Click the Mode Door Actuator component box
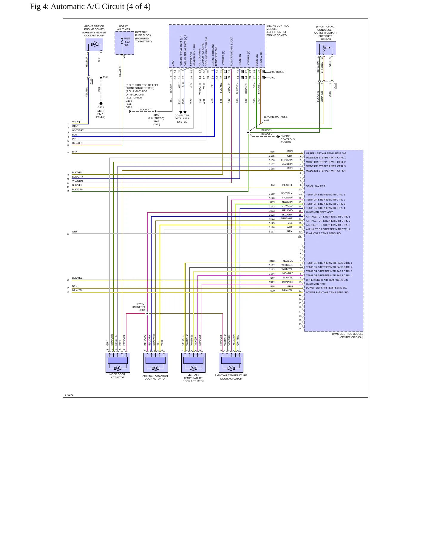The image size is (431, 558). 118,363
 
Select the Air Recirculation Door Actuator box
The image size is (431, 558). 155,363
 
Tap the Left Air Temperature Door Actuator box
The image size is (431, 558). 193,363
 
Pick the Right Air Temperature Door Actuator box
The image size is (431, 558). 231,363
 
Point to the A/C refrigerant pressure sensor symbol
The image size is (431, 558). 326,48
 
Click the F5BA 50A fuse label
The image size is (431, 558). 127,42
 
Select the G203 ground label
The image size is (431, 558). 101,107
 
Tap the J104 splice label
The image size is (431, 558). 106,77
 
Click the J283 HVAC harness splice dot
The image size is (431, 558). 147,314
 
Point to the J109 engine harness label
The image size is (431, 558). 267,120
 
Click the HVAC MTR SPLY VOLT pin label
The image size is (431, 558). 319,212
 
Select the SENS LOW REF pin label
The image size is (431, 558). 315,186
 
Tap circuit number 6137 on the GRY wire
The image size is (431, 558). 272,232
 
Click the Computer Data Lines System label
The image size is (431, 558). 182,118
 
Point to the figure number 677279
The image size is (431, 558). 69,395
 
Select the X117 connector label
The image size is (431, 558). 335,86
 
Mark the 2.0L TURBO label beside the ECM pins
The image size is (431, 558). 277,72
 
